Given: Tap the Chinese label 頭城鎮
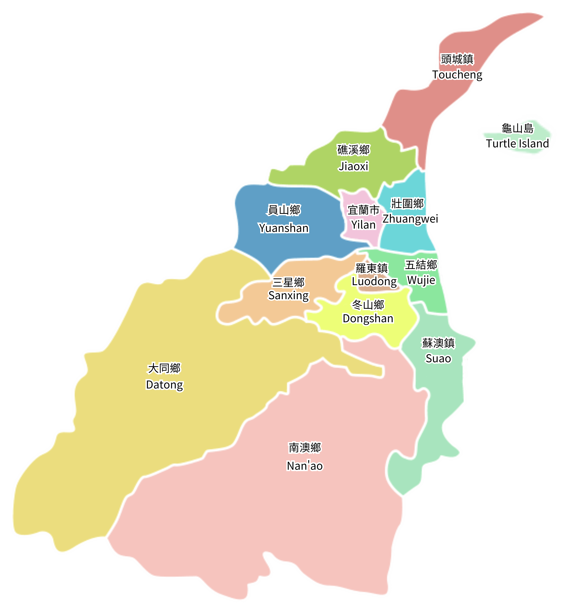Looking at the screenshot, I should [457, 59].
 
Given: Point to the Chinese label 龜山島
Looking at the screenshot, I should [518, 128].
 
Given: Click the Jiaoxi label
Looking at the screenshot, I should [353, 166].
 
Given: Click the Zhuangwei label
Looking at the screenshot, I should [410, 218].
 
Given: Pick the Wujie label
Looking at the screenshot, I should [421, 280].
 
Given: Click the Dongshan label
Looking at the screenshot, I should [368, 319].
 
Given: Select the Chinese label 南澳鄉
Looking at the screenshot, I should [305, 448].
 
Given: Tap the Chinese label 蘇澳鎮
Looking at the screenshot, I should [438, 343].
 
